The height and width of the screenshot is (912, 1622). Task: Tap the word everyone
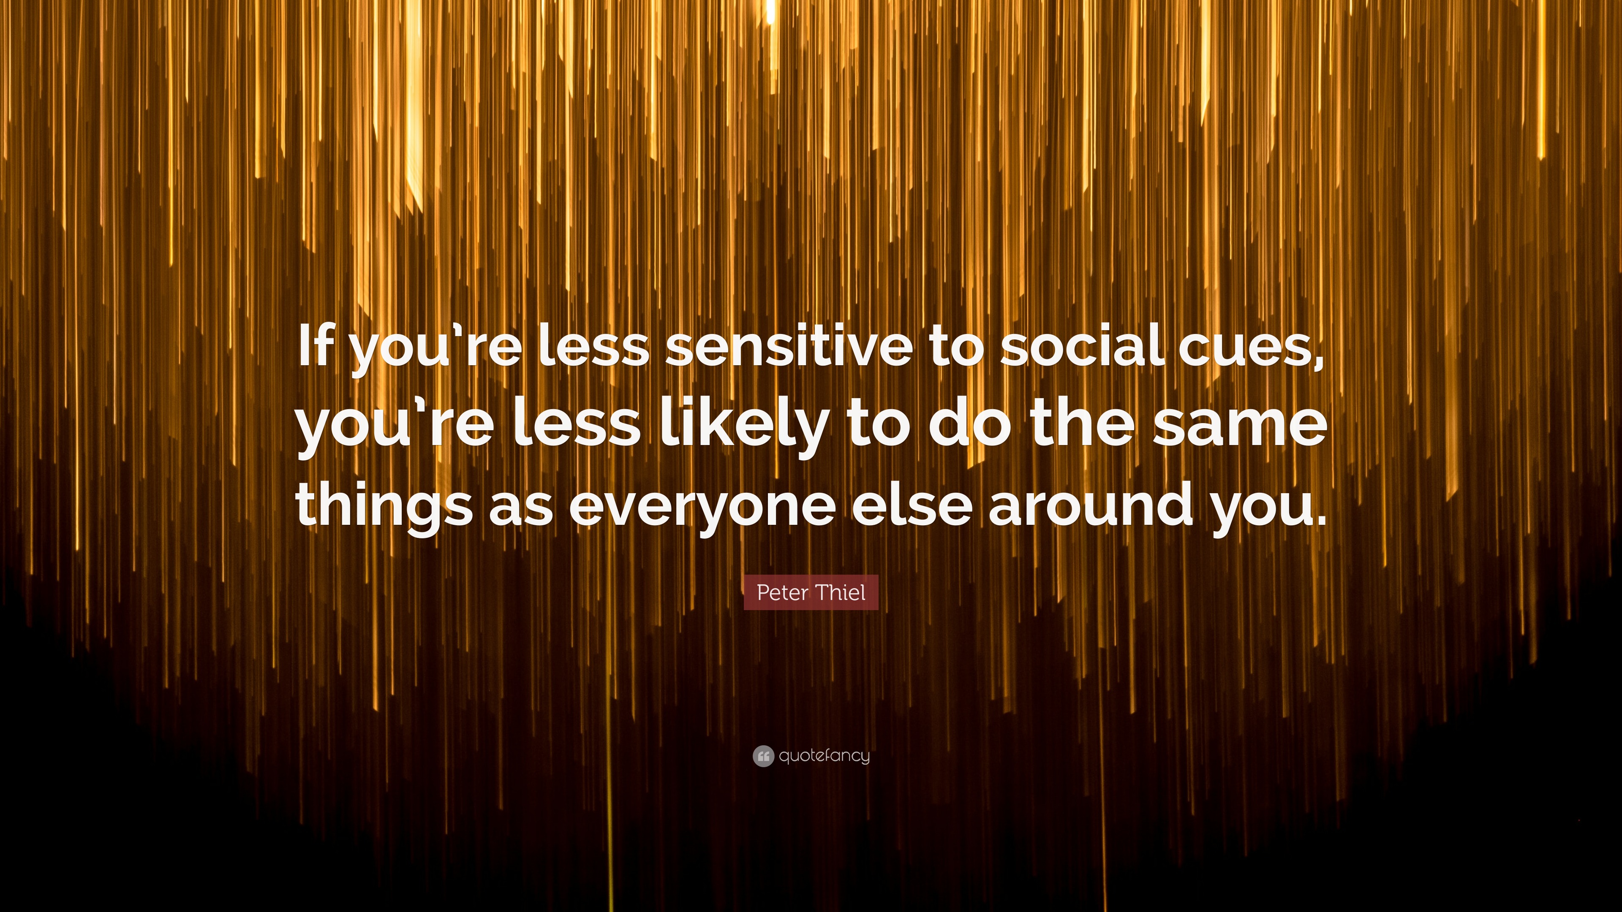(x=702, y=505)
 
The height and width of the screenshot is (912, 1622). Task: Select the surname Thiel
(x=842, y=592)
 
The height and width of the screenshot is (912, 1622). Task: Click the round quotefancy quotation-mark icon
(x=762, y=755)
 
